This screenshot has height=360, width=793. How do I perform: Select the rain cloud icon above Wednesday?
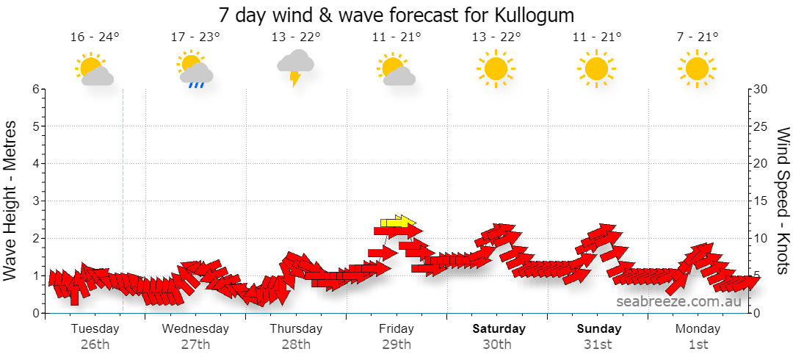click(x=195, y=69)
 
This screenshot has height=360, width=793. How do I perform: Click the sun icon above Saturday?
click(x=495, y=68)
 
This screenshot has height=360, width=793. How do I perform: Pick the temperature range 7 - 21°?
click(x=697, y=37)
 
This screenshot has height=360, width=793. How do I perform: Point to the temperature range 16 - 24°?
click(x=95, y=37)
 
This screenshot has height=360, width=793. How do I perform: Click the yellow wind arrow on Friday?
click(x=398, y=222)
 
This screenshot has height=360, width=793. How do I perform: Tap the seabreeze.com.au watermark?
click(x=678, y=301)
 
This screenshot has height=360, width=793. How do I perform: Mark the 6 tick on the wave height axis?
click(x=35, y=89)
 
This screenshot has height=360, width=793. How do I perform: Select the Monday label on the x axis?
click(x=698, y=328)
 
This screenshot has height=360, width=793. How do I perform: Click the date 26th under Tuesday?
click(x=95, y=345)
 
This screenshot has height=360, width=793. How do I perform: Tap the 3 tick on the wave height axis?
click(x=35, y=201)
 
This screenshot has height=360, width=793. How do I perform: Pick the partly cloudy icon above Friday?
click(x=396, y=69)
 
